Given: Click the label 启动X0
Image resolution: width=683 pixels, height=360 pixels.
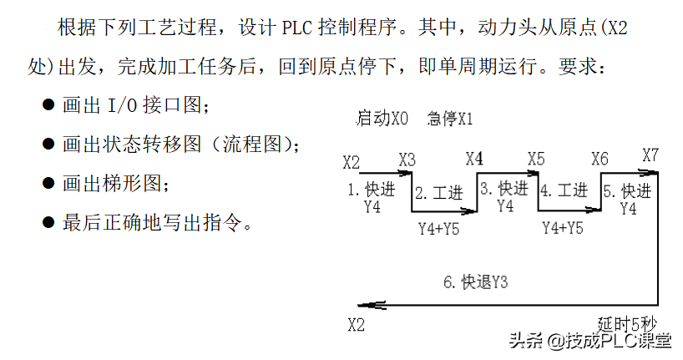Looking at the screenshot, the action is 382,118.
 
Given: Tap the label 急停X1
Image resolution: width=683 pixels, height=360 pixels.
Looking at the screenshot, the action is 450,119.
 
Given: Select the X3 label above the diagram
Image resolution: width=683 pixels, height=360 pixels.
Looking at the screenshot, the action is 407,160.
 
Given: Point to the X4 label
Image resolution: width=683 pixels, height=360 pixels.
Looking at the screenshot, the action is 474,159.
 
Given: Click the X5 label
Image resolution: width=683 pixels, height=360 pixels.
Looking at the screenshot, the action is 536,159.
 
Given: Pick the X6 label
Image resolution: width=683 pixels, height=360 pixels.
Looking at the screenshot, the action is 600,159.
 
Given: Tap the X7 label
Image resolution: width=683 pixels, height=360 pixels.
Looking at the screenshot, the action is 650,155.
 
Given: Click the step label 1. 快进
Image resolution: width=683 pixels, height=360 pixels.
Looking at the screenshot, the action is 371,190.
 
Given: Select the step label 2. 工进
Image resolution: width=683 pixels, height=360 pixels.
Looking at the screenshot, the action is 438,193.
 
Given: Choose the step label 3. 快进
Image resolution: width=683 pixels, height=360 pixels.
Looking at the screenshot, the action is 504,189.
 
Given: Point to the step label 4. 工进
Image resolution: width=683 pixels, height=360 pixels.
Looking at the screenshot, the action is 564,190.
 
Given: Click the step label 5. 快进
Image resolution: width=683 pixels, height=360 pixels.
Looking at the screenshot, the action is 628,191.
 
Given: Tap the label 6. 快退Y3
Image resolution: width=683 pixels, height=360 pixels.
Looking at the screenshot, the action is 476,282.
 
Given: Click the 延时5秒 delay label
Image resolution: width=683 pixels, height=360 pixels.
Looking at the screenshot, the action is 627,324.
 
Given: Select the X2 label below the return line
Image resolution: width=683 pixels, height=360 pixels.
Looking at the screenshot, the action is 357,325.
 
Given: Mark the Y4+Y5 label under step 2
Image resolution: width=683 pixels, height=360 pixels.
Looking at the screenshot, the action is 439,229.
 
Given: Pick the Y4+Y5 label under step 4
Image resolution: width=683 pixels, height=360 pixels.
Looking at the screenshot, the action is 563,228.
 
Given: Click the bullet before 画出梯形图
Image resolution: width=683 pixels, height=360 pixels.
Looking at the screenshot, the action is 48,184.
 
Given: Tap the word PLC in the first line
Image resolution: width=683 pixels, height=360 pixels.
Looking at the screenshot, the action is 297,28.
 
